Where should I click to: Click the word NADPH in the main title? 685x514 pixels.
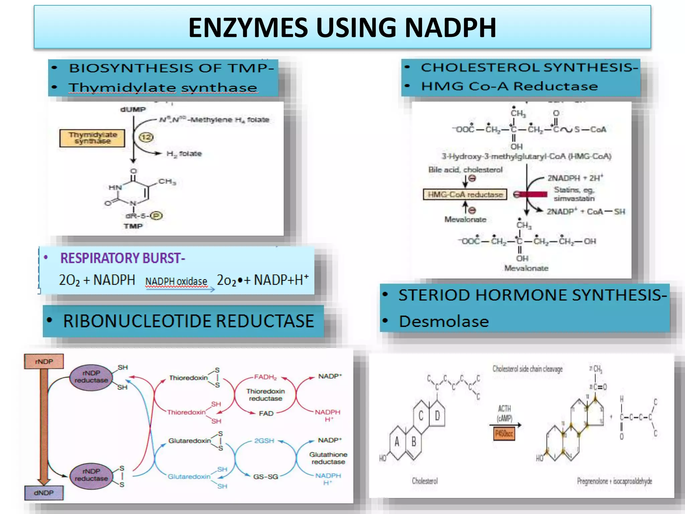(x=450, y=27)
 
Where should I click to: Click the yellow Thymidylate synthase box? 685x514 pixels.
(x=92, y=138)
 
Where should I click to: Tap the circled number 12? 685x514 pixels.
(x=146, y=137)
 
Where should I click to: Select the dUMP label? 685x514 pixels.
(x=133, y=109)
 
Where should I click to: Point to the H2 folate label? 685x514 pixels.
(x=184, y=154)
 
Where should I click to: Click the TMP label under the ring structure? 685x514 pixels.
(x=133, y=226)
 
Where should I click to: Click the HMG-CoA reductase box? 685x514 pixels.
(x=465, y=194)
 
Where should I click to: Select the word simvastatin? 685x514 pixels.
(x=574, y=198)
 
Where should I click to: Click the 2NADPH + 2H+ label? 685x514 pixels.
(x=575, y=178)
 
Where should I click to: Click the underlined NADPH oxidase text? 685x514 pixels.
(x=176, y=281)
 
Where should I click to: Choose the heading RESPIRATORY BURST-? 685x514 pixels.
(x=122, y=258)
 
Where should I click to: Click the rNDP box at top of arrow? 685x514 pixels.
(x=44, y=361)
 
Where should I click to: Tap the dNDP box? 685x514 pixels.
(x=43, y=493)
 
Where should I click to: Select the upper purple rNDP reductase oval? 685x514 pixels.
(x=91, y=377)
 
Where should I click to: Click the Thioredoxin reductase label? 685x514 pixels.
(x=266, y=395)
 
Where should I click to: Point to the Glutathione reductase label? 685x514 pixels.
(x=328, y=458)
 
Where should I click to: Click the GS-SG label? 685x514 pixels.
(x=266, y=477)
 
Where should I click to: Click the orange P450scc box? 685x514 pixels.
(x=504, y=434)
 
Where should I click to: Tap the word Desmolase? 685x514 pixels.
(x=444, y=321)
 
